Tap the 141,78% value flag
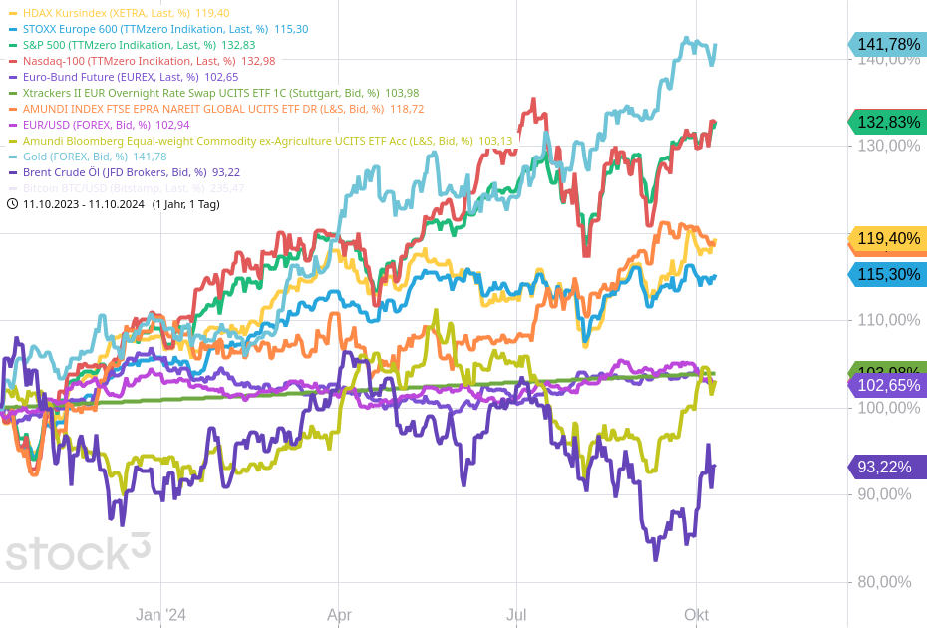tap(888, 44)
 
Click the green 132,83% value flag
tap(888, 122)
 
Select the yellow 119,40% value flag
tap(888, 239)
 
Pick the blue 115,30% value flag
tap(888, 274)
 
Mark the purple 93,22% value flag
tap(888, 467)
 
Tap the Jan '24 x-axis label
tap(161, 615)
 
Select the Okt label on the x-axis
tap(696, 615)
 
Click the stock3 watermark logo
tap(78, 551)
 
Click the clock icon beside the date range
tap(12, 204)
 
